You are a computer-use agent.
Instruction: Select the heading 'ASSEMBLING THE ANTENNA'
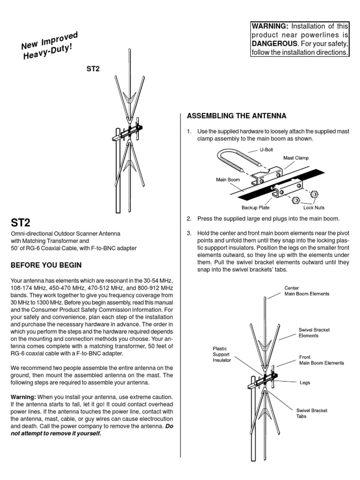tap(236, 115)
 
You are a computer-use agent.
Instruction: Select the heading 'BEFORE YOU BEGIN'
tap(46, 265)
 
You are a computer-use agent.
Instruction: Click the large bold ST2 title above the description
tap(22, 221)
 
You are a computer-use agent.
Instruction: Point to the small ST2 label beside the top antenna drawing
tap(93, 68)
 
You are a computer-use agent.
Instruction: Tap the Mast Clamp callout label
tap(296, 158)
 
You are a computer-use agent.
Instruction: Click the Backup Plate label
tap(255, 207)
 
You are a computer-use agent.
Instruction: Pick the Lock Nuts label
tap(314, 207)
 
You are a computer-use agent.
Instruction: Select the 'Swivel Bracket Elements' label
tap(315, 333)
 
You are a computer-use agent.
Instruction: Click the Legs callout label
tap(305, 382)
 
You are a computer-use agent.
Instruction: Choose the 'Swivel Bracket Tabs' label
tap(312, 413)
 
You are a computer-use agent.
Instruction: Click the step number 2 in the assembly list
tap(189, 219)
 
